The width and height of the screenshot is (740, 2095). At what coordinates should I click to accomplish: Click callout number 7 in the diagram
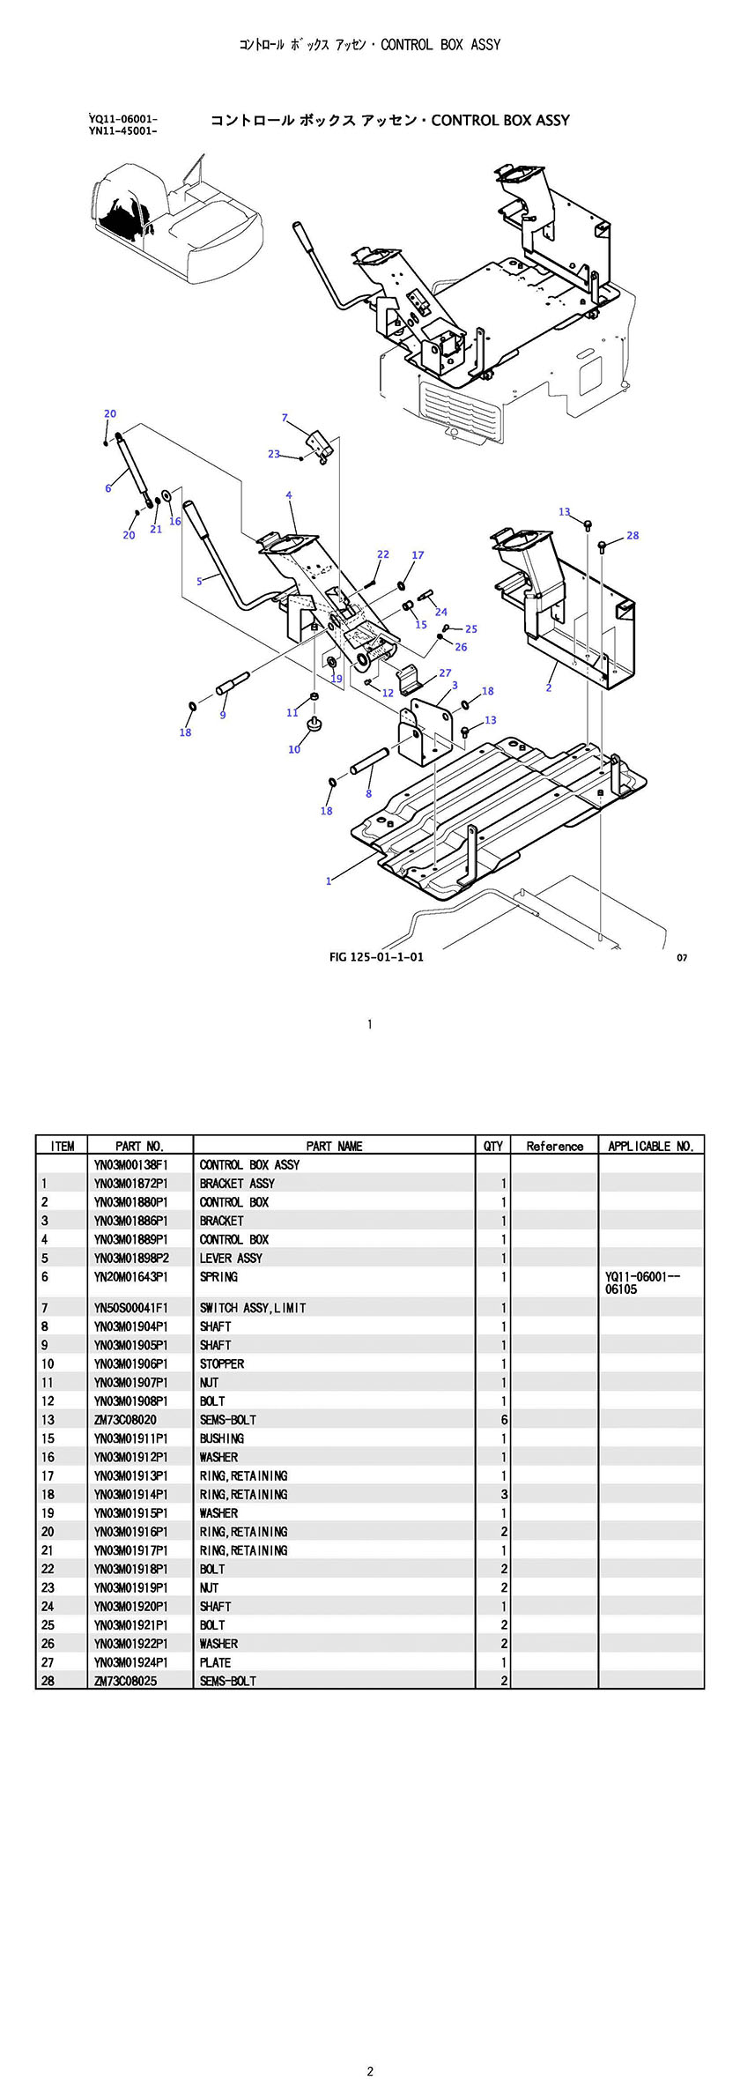pyautogui.click(x=285, y=418)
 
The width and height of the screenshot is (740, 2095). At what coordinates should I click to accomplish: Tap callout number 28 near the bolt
pyautogui.click(x=633, y=535)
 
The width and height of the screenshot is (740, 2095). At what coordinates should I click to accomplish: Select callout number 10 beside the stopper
pyautogui.click(x=294, y=749)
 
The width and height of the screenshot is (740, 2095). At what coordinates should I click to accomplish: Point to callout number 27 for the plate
pyautogui.click(x=445, y=672)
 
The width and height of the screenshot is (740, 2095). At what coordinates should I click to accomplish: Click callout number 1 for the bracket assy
pyautogui.click(x=329, y=880)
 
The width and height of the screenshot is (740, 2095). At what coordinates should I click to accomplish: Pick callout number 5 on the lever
pyautogui.click(x=200, y=581)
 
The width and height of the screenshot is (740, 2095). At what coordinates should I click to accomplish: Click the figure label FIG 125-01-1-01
pyautogui.click(x=376, y=957)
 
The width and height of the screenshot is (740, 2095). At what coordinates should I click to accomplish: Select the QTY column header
pyautogui.click(x=493, y=1146)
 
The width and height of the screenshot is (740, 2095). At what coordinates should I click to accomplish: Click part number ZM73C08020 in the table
pyautogui.click(x=125, y=1420)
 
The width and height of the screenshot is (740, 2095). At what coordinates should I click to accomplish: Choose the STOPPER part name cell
pyautogui.click(x=222, y=1363)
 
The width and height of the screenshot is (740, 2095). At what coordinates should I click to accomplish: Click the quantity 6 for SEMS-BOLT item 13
pyautogui.click(x=504, y=1420)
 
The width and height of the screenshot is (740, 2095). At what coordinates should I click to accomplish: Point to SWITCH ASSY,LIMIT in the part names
pyautogui.click(x=253, y=1308)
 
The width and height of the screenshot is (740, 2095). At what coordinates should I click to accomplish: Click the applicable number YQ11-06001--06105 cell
pyautogui.click(x=643, y=1282)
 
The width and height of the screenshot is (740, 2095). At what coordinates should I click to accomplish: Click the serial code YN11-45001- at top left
pyautogui.click(x=123, y=131)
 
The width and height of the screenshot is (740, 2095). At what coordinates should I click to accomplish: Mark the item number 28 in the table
pyautogui.click(x=48, y=1681)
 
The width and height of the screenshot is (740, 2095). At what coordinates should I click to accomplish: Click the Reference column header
pyautogui.click(x=555, y=1146)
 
